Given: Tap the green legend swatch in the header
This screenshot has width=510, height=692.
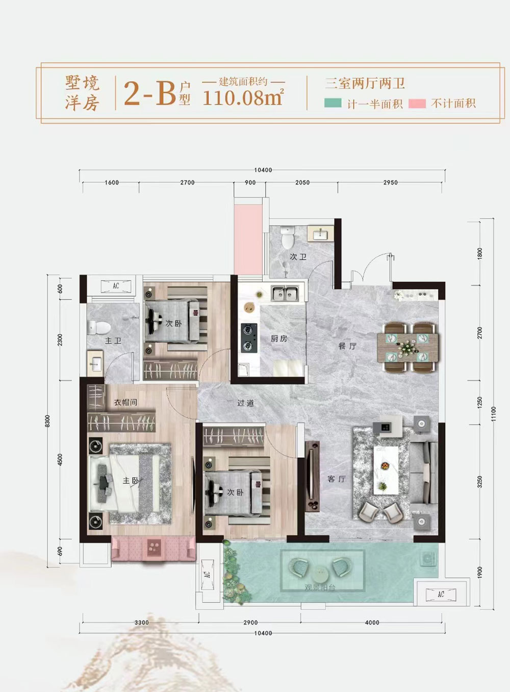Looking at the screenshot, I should tap(333, 103).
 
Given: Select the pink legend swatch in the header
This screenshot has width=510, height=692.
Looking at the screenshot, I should tap(417, 103).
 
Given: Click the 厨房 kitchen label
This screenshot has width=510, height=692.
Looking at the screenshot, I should tap(279, 338).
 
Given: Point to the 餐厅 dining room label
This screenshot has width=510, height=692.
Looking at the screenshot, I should tap(347, 345).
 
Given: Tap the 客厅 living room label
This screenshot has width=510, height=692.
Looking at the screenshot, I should tap(337, 479).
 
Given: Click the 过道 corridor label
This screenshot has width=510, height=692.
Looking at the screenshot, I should tap(245, 403).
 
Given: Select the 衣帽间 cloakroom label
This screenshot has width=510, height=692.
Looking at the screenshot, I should tap(125, 402).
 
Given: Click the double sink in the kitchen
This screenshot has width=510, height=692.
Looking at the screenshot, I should tap(285, 293).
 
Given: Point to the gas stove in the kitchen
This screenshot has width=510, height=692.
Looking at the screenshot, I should tap(248, 338).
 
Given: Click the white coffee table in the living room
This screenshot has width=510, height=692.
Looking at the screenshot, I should tap(386, 469).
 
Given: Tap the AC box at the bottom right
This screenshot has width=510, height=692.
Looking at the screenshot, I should tap(441, 594).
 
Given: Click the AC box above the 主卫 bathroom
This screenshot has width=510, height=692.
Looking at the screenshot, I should tap(116, 286).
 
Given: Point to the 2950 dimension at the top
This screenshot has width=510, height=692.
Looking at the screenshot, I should tap(390, 182).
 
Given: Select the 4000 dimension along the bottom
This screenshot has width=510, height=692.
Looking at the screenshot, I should tap(372, 622).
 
